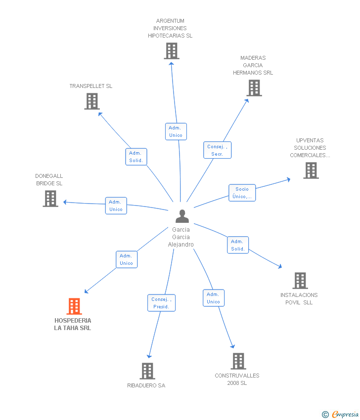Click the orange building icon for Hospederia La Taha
(x=74, y=306)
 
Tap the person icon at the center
(x=182, y=216)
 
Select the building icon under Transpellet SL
(x=92, y=101)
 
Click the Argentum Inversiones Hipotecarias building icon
(x=172, y=51)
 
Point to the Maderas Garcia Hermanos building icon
(x=254, y=88)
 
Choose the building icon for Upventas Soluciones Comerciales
(x=311, y=170)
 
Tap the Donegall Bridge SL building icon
(x=50, y=199)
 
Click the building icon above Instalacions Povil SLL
(x=300, y=281)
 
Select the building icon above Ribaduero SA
(x=147, y=371)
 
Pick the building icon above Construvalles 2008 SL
(x=238, y=361)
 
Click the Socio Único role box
(x=242, y=193)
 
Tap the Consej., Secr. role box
(x=218, y=150)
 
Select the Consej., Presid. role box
(x=161, y=303)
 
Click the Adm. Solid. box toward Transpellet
(x=136, y=157)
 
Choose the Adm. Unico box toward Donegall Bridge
(x=116, y=206)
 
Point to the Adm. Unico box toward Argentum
(x=176, y=131)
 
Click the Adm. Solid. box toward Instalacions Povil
(x=238, y=245)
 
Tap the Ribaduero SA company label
(x=146, y=385)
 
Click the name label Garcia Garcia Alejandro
(x=181, y=237)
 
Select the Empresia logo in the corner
(x=340, y=414)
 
